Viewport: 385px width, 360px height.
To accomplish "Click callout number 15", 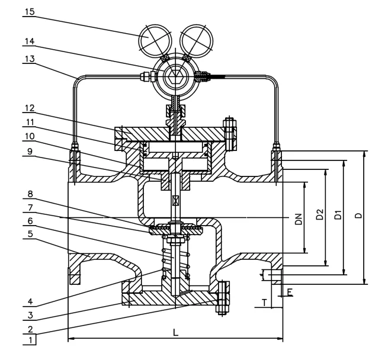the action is tap(30, 12).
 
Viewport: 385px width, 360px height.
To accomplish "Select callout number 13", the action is tap(30, 59).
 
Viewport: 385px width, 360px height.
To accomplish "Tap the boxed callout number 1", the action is tap(30, 340).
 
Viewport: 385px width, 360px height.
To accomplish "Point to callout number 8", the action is tap(30, 194).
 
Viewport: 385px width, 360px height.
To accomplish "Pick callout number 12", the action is tap(30, 108).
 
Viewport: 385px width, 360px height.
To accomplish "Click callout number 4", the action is tap(30, 301).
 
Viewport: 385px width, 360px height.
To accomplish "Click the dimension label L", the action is tap(175, 333).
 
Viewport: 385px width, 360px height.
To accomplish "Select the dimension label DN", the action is tap(299, 219).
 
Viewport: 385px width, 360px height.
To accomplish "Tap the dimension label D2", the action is tap(319, 214).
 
